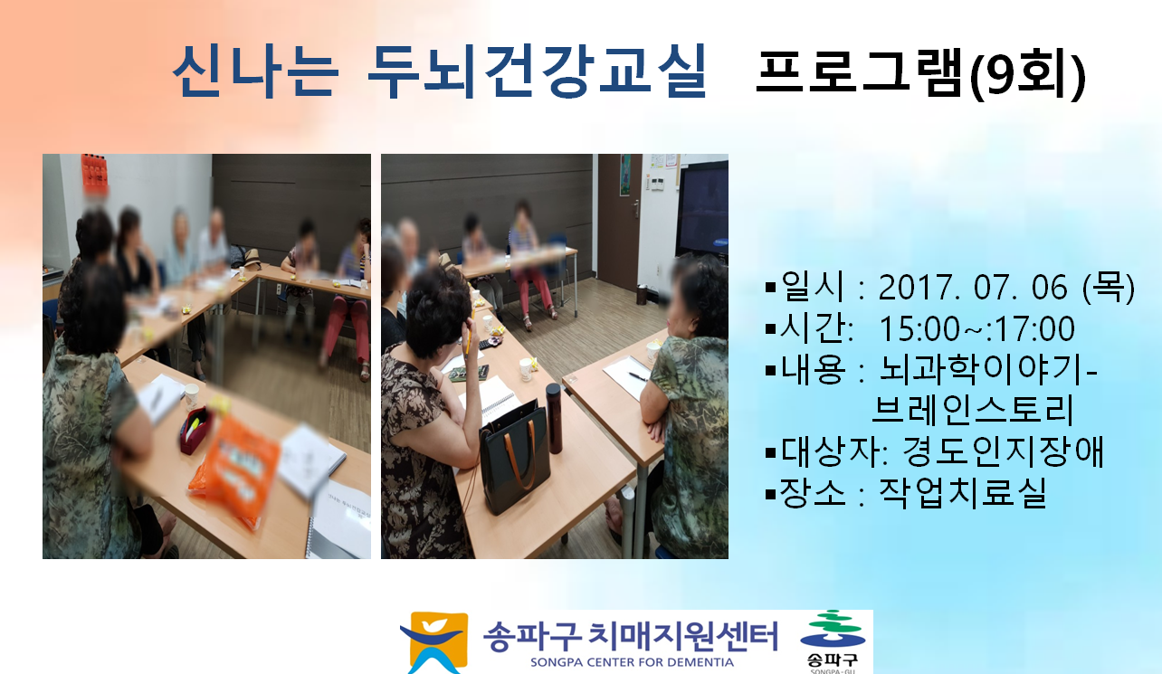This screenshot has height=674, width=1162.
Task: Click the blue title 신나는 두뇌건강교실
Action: click(440, 71)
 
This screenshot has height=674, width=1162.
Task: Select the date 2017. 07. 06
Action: click(973, 287)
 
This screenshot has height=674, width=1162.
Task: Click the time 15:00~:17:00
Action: click(977, 328)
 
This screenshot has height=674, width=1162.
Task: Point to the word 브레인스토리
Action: click(972, 410)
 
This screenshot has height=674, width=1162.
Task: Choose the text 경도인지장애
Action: click(1003, 451)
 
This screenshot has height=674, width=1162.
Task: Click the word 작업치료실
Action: click(962, 492)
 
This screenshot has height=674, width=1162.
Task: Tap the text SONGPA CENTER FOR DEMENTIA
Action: click(632, 662)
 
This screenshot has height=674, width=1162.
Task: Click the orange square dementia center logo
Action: click(433, 642)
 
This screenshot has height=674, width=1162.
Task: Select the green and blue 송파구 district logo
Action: click(833, 641)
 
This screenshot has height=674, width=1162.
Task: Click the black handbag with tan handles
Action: click(515, 456)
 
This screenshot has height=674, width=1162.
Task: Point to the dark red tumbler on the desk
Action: click(554, 418)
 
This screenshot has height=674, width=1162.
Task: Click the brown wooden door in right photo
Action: click(619, 222)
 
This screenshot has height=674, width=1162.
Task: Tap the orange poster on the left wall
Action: click(94, 173)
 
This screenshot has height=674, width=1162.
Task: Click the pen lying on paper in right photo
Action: click(637, 376)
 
